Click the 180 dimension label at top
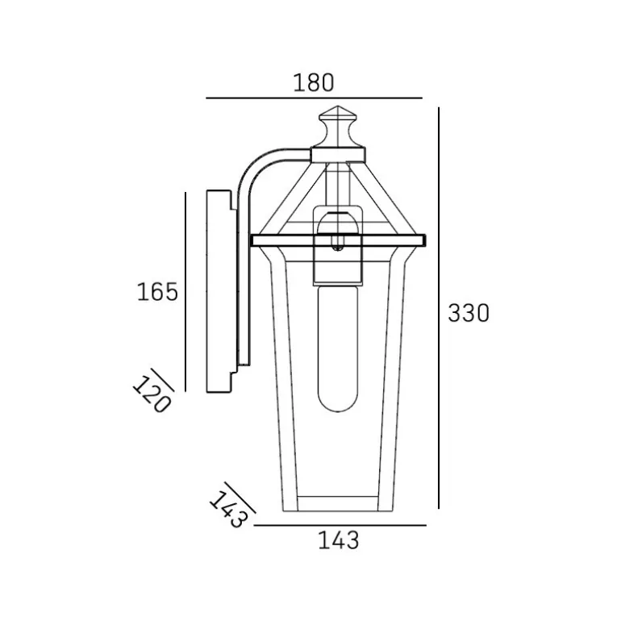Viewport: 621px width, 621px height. tap(314, 83)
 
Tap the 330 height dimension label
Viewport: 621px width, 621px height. tap(469, 313)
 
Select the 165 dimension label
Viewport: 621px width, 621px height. tap(157, 292)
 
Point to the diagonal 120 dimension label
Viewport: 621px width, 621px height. tap(152, 394)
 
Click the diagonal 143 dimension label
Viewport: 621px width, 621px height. tap(228, 510)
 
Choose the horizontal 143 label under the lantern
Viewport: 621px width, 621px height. tap(339, 540)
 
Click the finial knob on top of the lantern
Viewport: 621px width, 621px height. tap(337, 127)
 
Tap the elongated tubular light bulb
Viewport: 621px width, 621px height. tap(338, 348)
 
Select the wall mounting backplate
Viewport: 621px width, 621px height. tap(219, 291)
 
